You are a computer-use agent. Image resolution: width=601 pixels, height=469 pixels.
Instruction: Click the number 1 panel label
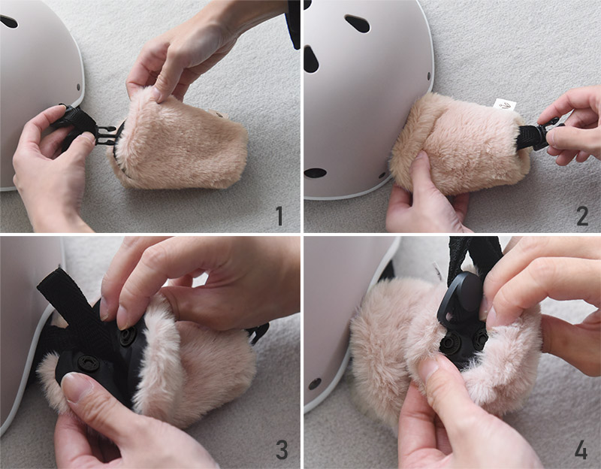click(x=279, y=216)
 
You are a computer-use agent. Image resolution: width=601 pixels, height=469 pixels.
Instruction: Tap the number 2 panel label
click(x=582, y=216)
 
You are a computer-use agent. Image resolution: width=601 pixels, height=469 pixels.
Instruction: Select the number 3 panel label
click(x=282, y=449)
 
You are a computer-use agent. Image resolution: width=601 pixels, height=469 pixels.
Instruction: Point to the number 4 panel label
click(x=581, y=449)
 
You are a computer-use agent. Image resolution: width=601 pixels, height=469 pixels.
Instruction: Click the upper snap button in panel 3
click(x=128, y=335)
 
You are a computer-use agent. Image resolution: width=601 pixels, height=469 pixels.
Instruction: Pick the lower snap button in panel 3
click(x=89, y=362)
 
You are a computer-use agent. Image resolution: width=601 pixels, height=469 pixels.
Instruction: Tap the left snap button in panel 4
click(x=452, y=342)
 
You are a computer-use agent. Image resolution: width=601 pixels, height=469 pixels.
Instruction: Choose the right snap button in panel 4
click(x=480, y=337)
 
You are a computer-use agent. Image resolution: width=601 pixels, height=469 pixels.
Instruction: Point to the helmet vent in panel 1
click(x=8, y=22)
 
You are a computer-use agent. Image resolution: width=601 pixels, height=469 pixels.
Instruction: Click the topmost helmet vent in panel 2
click(x=358, y=23)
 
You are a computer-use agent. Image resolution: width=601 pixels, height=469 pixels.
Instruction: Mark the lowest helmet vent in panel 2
click(x=314, y=173)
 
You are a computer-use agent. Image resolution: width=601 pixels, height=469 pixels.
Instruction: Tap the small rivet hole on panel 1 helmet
click(x=79, y=87)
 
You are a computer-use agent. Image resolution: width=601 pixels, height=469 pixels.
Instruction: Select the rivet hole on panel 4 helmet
click(x=315, y=383)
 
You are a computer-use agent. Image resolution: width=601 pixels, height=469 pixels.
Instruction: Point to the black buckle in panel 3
click(x=258, y=332)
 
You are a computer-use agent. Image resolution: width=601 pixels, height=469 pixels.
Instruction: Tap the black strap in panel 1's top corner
click(x=294, y=24)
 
